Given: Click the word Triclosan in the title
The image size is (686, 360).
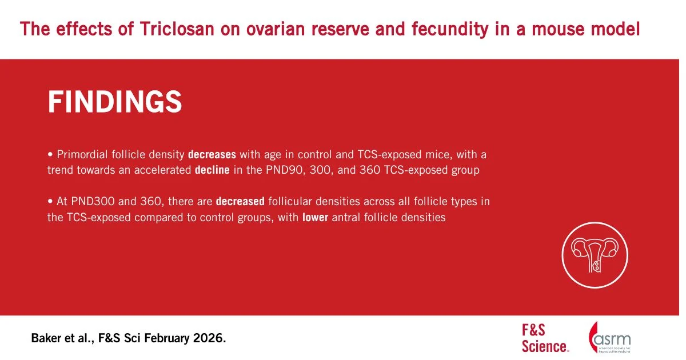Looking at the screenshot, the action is click(x=177, y=29).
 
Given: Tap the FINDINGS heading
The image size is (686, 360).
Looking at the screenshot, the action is click(x=115, y=102).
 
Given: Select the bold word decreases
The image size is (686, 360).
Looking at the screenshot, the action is click(x=212, y=155).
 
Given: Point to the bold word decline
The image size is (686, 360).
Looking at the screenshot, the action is click(x=212, y=170).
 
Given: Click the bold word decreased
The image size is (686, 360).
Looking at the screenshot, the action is click(x=240, y=201).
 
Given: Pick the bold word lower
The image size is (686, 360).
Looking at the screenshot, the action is click(x=315, y=217).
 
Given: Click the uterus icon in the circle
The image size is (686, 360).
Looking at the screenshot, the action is click(x=595, y=255).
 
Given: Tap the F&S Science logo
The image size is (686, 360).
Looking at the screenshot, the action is click(x=545, y=338).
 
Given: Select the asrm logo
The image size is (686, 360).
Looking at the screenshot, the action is click(x=609, y=337).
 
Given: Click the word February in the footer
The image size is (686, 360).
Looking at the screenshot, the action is click(x=167, y=338).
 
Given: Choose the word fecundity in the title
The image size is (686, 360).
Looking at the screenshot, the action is click(x=450, y=29).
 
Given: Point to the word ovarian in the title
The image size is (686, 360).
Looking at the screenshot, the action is click(x=276, y=29).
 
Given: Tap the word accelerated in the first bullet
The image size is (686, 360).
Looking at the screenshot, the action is click(x=162, y=170).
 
